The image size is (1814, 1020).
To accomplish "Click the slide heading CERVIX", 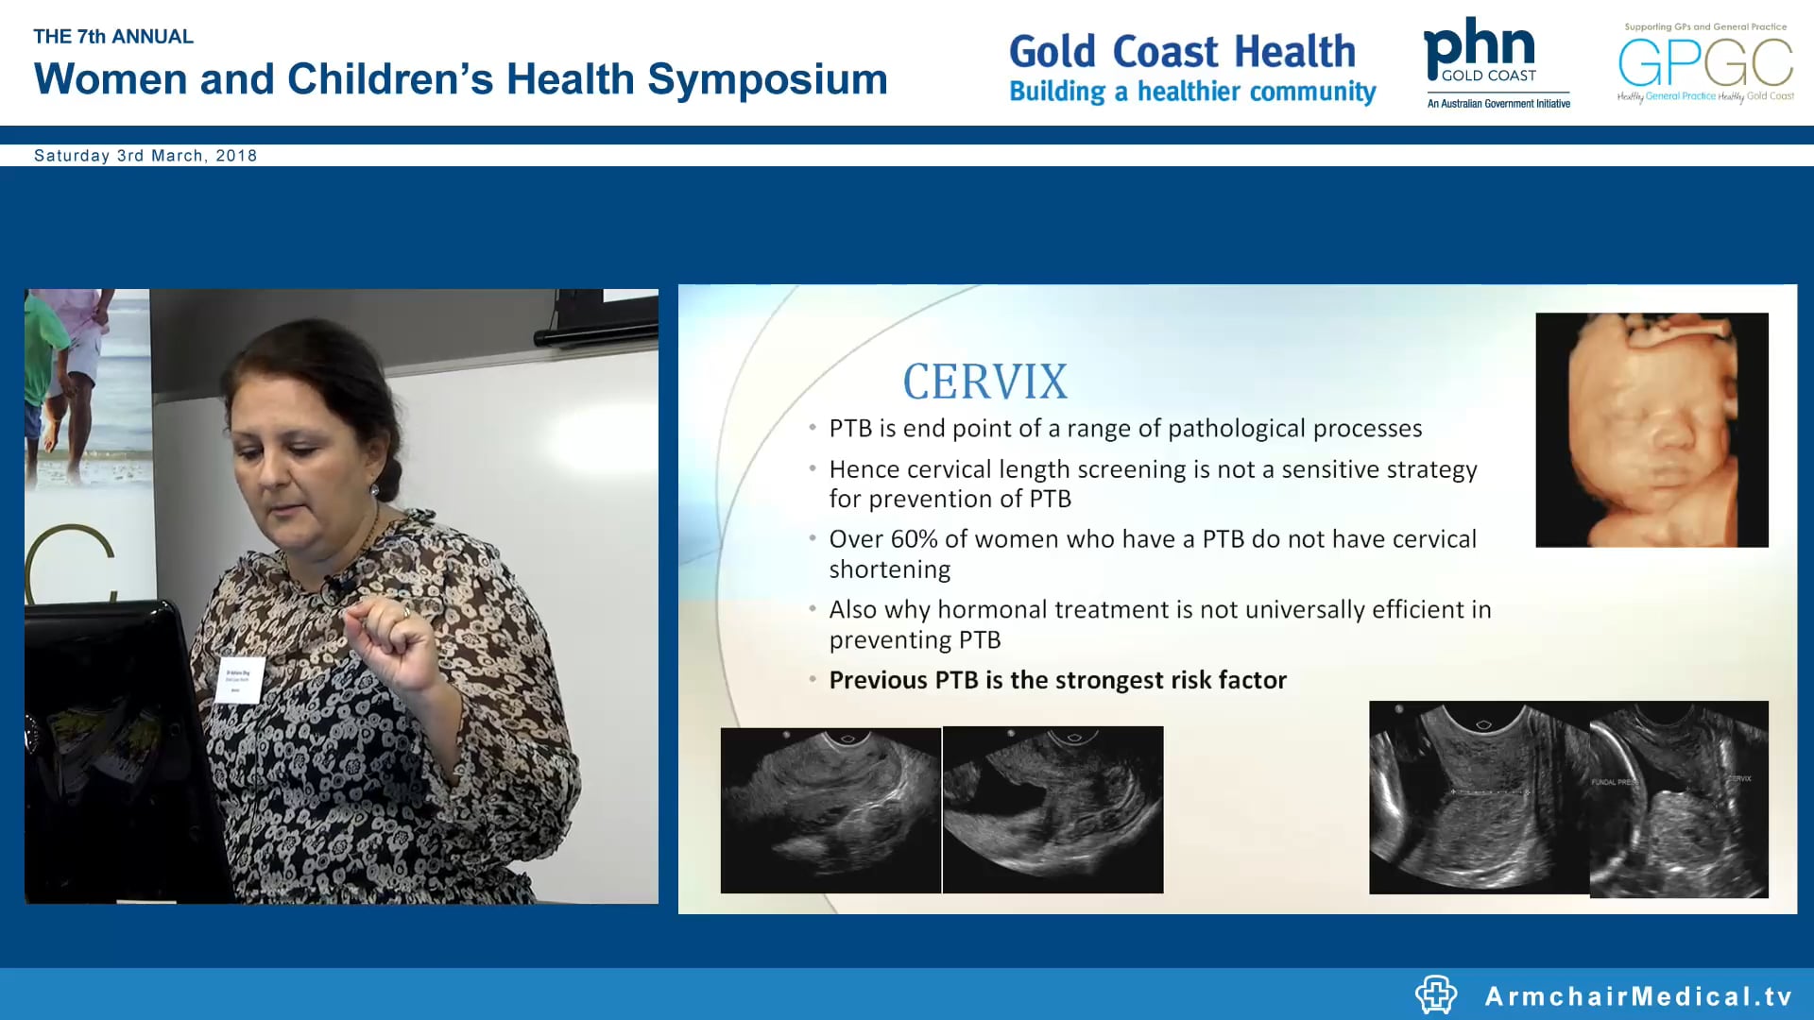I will tap(984, 382).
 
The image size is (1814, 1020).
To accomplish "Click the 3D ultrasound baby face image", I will tap(1651, 430).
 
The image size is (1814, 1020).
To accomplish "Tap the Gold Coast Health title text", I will tap(1182, 52).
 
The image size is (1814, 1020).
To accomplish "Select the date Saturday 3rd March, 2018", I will tap(145, 156).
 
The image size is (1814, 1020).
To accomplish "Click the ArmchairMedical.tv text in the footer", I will tap(1638, 996).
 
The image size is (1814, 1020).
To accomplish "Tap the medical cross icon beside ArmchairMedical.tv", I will tap(1435, 994).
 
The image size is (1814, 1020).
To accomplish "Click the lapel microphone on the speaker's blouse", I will tap(334, 588).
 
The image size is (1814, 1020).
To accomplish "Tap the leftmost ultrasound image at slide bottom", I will tap(830, 810).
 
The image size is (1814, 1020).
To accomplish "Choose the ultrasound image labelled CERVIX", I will tap(1679, 799).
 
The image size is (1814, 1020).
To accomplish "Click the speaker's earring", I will tap(374, 491).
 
